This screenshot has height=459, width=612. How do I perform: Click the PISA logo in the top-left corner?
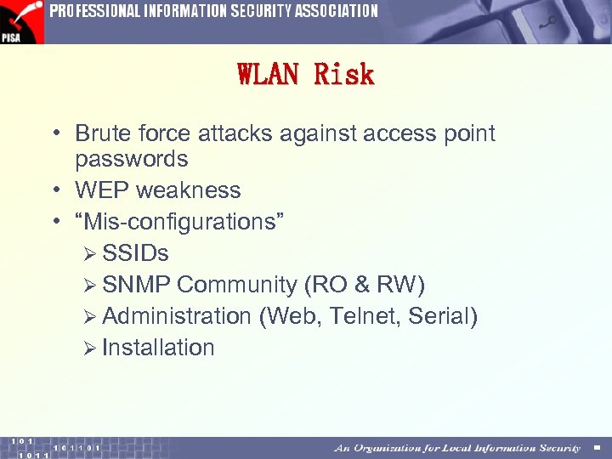(21, 21)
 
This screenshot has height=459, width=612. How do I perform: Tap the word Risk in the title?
(344, 76)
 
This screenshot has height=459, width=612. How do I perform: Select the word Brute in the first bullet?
(101, 133)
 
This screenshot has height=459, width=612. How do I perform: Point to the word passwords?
(131, 159)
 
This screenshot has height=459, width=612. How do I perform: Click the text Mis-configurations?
(179, 222)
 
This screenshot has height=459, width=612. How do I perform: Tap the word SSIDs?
(135, 253)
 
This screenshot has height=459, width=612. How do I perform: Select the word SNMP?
(136, 285)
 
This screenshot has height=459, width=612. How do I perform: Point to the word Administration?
(176, 316)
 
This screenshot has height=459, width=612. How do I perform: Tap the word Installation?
(158, 348)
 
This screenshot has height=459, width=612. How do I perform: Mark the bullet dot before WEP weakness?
(55, 190)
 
